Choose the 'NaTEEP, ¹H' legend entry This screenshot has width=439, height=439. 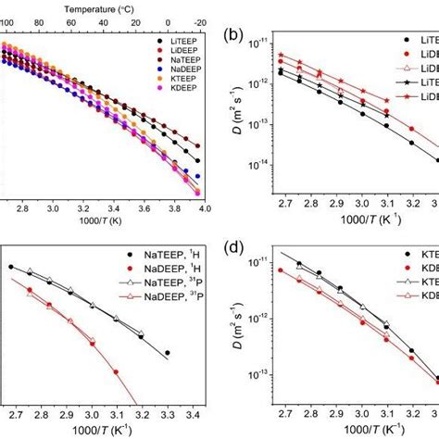[x=167, y=255]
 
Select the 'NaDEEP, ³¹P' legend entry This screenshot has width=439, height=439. [x=167, y=296]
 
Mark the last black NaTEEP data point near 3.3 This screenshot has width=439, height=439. [x=167, y=353]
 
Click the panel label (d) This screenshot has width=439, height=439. [x=235, y=248]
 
